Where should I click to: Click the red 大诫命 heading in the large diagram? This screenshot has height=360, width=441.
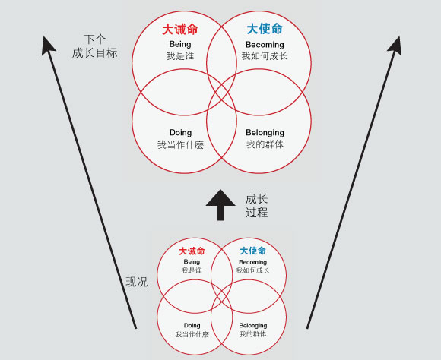(x=180, y=29)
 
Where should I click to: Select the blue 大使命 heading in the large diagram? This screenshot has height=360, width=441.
(x=265, y=29)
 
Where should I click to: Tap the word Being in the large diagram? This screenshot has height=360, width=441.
(x=180, y=44)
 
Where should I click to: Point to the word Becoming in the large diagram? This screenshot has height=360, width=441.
(x=265, y=45)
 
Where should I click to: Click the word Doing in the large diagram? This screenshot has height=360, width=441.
(x=180, y=133)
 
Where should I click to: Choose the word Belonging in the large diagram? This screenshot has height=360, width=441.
(x=265, y=132)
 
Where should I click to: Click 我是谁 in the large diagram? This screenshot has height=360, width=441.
(x=180, y=56)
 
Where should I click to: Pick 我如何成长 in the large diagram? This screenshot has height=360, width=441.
(x=265, y=56)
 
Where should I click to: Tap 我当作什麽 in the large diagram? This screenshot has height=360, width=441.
(x=180, y=145)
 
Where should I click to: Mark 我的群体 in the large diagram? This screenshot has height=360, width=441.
(x=265, y=144)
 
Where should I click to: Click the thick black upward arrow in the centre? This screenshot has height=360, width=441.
(x=220, y=205)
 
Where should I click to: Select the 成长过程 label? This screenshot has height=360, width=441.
(x=256, y=206)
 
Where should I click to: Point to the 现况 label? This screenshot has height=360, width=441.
(x=137, y=282)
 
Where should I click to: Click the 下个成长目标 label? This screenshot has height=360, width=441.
(x=95, y=46)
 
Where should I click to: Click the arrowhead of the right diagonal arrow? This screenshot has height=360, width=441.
(x=395, y=45)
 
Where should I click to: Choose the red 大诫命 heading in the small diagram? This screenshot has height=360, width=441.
(x=192, y=251)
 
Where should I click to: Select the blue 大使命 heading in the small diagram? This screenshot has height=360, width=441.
(x=253, y=251)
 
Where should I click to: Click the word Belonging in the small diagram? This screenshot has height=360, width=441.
(x=253, y=325)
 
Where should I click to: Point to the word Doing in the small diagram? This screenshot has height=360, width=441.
(x=192, y=325)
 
